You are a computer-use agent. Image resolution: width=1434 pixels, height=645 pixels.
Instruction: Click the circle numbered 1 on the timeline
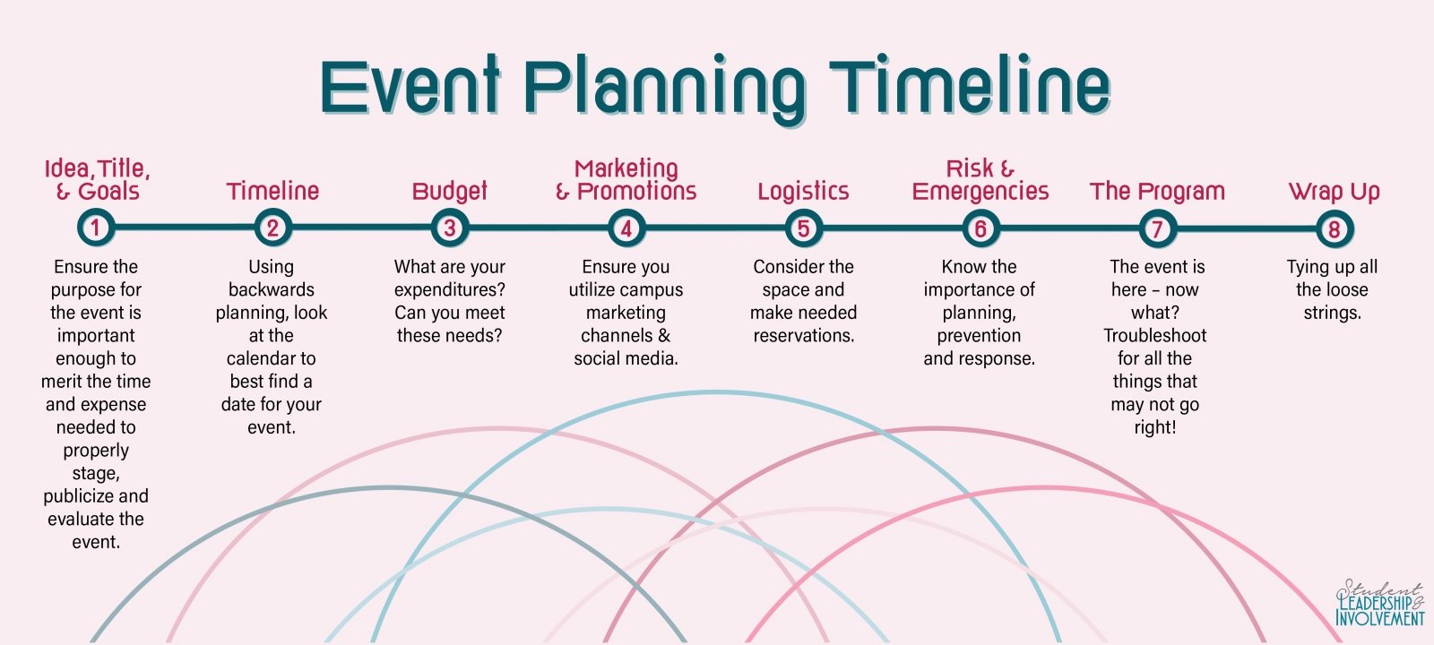(95, 228)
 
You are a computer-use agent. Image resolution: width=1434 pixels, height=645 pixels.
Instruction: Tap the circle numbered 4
(626, 228)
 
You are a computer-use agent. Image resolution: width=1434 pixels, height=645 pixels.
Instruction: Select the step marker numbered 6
(980, 228)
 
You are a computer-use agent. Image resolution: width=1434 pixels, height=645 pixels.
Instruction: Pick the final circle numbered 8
(1335, 228)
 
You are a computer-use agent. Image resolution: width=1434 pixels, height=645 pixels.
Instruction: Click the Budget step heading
(449, 192)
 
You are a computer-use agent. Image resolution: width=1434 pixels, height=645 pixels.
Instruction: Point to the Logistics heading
(803, 192)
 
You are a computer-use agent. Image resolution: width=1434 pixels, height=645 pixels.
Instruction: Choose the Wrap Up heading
(1335, 192)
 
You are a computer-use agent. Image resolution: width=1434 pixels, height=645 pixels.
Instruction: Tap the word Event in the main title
(410, 86)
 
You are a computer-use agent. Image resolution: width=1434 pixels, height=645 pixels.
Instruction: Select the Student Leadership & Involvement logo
(1379, 603)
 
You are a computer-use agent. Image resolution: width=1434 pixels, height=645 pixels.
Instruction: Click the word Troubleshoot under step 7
(1155, 335)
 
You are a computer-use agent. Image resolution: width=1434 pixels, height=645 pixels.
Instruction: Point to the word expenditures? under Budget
(449, 290)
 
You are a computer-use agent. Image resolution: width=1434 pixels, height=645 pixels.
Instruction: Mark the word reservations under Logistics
(803, 335)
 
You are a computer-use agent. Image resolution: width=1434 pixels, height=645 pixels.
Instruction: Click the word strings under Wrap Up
(1332, 313)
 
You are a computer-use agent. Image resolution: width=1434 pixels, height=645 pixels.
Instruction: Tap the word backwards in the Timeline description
(272, 289)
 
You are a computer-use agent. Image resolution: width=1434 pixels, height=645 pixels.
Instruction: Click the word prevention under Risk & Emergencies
(979, 336)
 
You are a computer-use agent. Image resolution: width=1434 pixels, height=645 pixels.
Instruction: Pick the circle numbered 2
(272, 228)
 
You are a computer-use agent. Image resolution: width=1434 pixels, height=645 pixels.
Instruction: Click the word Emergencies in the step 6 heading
(980, 192)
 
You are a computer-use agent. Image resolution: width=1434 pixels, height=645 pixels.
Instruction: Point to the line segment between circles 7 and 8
(1246, 228)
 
